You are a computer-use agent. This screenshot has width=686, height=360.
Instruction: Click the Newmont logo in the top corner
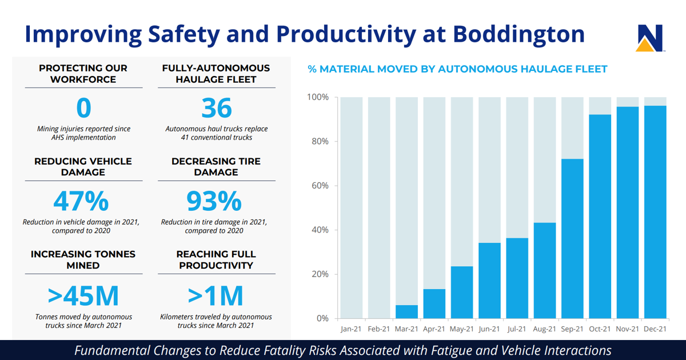point(649,38)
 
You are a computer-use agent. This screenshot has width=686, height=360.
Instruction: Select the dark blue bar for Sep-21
point(572,238)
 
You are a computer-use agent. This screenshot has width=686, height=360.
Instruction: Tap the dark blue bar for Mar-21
point(406,311)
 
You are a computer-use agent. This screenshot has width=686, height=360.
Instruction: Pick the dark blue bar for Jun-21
point(489,281)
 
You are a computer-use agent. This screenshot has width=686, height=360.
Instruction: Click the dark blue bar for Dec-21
point(655,212)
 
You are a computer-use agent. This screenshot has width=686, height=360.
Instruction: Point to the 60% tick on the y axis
point(320,186)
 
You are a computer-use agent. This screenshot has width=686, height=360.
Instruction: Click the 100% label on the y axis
point(318,97)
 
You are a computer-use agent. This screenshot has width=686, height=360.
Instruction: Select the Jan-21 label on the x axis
point(351,329)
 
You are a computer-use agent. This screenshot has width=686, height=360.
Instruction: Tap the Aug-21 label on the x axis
point(545,329)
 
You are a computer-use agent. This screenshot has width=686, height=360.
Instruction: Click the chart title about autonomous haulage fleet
point(457,69)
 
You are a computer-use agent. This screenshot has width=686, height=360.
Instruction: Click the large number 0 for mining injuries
point(84,109)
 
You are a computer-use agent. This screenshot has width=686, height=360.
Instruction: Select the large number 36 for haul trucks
point(216,109)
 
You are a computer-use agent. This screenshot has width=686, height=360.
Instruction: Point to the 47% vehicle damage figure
point(81,201)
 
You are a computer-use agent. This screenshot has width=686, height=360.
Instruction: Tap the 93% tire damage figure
point(214,201)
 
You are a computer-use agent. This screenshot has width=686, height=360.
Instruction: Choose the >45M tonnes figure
point(83,295)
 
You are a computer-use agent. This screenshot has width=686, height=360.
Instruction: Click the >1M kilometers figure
point(216,295)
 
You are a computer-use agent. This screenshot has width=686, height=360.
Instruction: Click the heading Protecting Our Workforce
point(83,74)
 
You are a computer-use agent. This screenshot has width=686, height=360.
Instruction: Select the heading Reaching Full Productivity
point(216,260)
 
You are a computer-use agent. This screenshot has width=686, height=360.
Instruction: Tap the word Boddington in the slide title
point(519,34)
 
